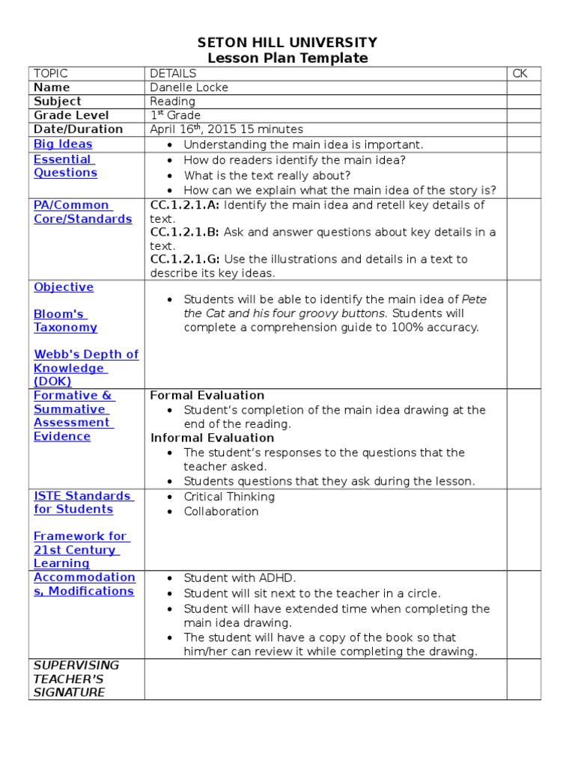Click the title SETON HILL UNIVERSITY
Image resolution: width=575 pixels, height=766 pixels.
(x=287, y=43)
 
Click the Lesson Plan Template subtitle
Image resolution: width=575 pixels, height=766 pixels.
(x=287, y=58)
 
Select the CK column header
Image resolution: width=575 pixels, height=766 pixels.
(x=520, y=73)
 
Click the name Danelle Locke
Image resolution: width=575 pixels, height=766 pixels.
(x=189, y=88)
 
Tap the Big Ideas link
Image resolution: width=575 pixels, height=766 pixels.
(x=63, y=144)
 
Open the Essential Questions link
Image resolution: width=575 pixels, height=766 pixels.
(x=65, y=166)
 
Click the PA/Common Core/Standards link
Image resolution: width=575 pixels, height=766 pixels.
(x=82, y=212)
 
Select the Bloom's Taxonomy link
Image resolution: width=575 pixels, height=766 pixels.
(x=65, y=321)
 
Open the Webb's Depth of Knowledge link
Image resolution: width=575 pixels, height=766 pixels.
(x=85, y=368)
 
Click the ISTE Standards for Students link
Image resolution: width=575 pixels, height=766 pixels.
(x=83, y=503)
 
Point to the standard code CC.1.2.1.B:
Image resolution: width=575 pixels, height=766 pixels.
(x=185, y=232)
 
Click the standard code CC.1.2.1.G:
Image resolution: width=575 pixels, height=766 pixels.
(x=185, y=260)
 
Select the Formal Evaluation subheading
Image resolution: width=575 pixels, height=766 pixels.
(x=207, y=395)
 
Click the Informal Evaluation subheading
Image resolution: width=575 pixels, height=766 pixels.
(x=212, y=438)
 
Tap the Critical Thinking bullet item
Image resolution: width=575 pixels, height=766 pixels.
(x=229, y=497)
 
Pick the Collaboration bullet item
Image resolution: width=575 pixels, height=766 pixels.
(x=221, y=512)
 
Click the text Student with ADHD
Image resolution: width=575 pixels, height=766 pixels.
(x=240, y=578)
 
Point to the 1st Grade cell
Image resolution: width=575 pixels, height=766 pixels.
(x=175, y=115)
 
